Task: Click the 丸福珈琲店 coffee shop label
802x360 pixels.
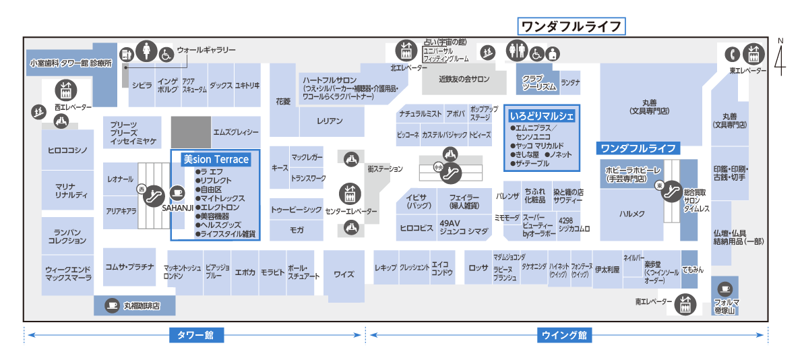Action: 142,306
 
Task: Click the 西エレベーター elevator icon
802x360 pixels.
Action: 66,90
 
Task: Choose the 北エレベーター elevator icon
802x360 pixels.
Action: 406,51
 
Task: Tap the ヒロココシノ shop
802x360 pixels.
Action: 67,150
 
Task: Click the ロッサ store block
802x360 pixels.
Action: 479,268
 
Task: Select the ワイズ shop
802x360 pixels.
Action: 344,274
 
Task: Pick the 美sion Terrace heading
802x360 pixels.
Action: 216,160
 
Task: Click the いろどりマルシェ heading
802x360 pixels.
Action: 542,116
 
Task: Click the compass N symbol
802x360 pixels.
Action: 780,57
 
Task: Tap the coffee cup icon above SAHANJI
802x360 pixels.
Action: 178,192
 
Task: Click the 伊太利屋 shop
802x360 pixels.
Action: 607,270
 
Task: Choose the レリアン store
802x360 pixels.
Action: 330,121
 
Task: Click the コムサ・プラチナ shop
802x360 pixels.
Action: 129,266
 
